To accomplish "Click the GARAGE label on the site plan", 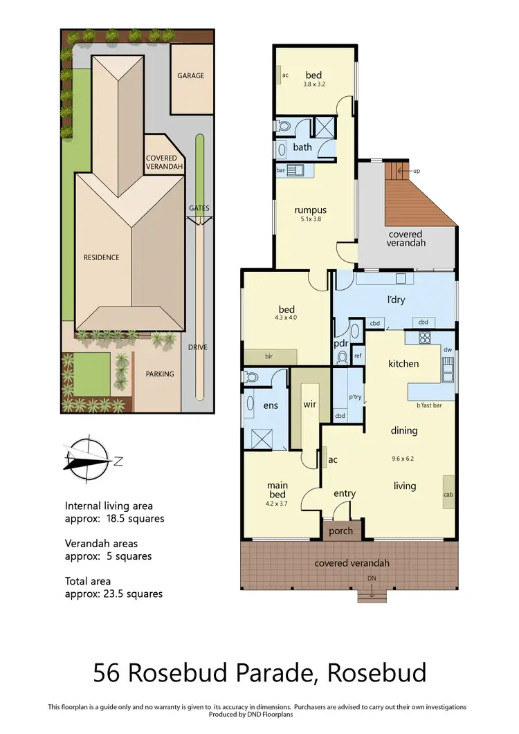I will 191,75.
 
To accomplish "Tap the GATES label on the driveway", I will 199,208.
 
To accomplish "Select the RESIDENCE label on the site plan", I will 102,257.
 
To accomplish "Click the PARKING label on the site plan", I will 160,374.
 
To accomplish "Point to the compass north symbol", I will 86,459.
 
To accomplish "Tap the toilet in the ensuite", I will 251,377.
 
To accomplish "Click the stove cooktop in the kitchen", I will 425,338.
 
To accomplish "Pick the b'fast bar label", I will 429,405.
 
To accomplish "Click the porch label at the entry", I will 340,531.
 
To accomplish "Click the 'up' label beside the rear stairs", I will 415,171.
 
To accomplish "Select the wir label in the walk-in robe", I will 309,404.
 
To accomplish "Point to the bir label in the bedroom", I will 269,357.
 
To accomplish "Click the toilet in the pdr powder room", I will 342,356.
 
